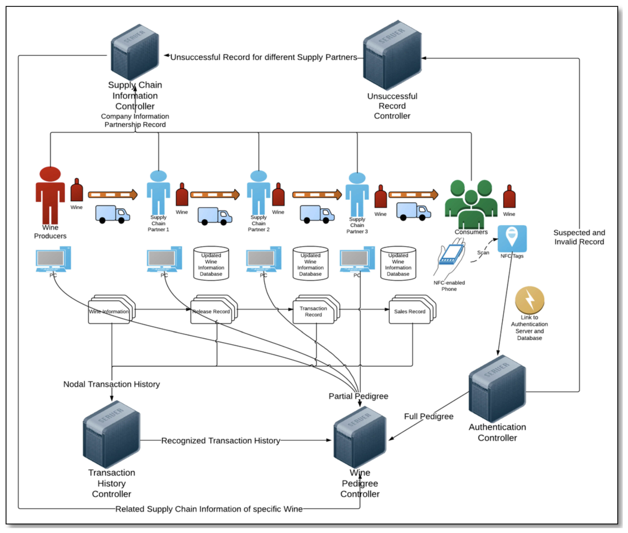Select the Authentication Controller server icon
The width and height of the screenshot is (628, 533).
point(497,389)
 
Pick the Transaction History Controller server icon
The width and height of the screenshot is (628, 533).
point(112,434)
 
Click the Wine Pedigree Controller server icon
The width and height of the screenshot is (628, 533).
point(360,437)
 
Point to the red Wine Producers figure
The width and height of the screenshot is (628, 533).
point(50,195)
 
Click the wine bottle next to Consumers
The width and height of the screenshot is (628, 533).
point(509,196)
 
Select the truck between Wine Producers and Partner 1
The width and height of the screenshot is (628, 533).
point(112,214)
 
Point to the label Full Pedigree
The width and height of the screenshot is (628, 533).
point(429,416)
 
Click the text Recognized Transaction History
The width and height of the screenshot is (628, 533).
point(221,440)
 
